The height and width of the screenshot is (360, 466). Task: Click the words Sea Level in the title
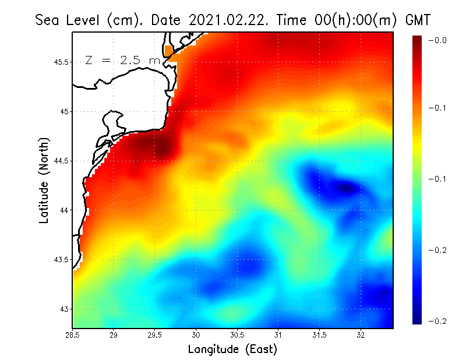click(x=69, y=20)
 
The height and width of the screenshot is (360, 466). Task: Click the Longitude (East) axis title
click(x=232, y=350)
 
